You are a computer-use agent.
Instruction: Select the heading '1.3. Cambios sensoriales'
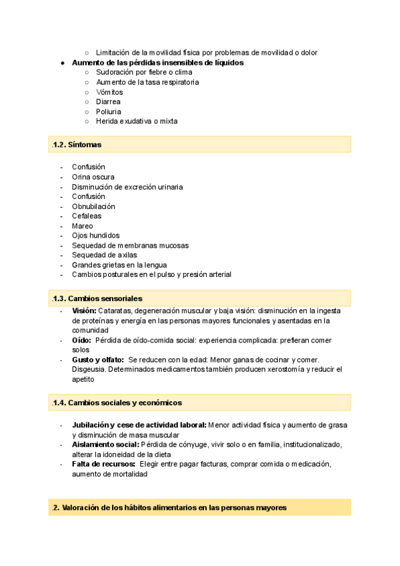[x=97, y=298]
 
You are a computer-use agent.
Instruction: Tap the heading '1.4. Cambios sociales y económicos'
[x=117, y=402]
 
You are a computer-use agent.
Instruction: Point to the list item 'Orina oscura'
[x=93, y=177]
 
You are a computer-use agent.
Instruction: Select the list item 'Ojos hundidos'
[x=95, y=236]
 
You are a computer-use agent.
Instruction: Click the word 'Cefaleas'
[x=87, y=216]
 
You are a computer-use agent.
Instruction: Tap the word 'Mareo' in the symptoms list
[x=83, y=226]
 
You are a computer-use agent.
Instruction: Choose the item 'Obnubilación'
[x=93, y=206]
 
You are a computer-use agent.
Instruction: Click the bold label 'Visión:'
[x=84, y=310]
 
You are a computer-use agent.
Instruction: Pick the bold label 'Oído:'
[x=82, y=340]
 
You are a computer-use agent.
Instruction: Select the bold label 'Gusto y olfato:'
[x=98, y=360]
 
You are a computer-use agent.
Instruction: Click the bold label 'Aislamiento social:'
[x=105, y=445]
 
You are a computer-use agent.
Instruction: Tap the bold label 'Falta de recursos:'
[x=103, y=464]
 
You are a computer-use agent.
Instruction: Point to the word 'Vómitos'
[x=109, y=92]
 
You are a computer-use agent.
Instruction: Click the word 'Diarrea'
[x=109, y=102]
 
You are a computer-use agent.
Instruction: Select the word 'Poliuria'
[x=109, y=111]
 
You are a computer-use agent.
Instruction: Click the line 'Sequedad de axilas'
[x=103, y=255]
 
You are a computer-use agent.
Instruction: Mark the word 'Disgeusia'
[x=89, y=369]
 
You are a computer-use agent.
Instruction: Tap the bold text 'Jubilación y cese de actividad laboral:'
[x=139, y=425]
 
